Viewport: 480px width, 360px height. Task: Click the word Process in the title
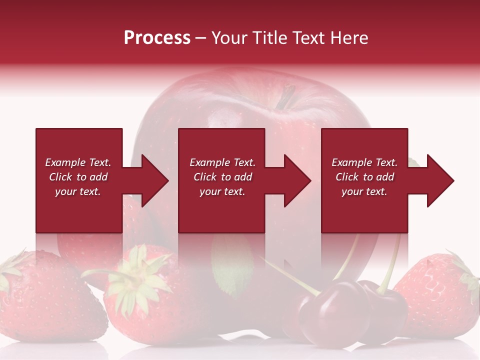pyautogui.click(x=157, y=38)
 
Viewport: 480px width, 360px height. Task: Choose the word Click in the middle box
pyautogui.click(x=204, y=177)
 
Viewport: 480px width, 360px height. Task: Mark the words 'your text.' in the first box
pyautogui.click(x=78, y=191)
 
